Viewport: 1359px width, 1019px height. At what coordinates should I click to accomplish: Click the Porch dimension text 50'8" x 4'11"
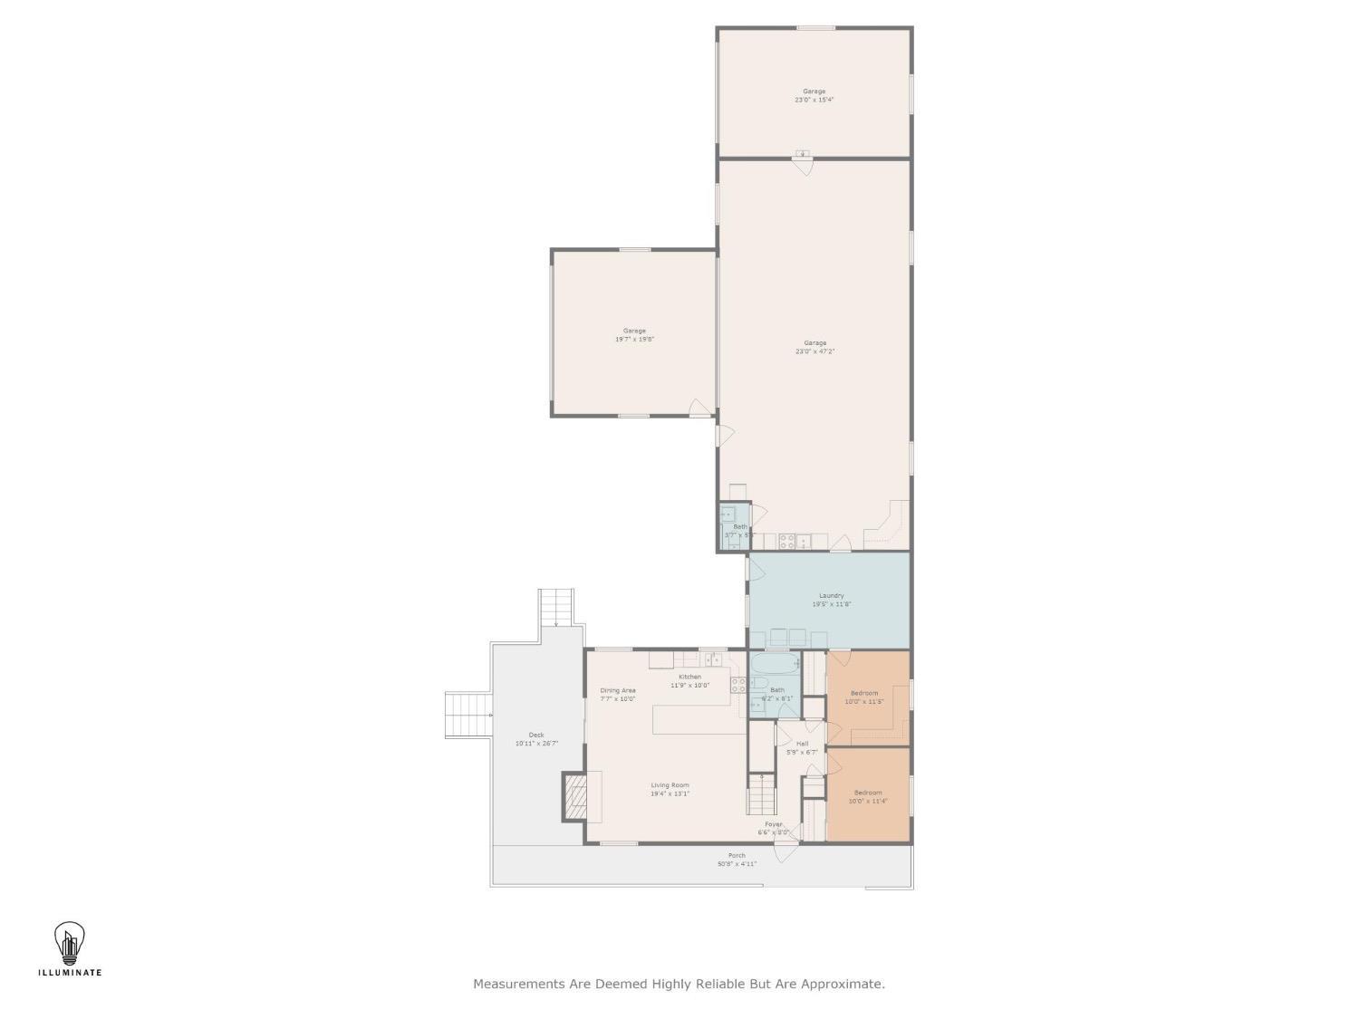pyautogui.click(x=737, y=864)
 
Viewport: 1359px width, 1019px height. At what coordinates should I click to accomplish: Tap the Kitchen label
pyautogui.click(x=689, y=677)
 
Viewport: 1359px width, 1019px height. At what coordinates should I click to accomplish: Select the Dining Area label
pyautogui.click(x=617, y=690)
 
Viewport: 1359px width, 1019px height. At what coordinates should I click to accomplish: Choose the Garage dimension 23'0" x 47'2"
pyautogui.click(x=814, y=351)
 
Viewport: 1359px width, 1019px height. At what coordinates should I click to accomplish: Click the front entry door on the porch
pyautogui.click(x=786, y=849)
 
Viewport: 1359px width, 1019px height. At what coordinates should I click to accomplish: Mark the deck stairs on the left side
pyautogui.click(x=467, y=715)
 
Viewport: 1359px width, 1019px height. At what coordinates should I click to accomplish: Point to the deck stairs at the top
pyautogui.click(x=556, y=607)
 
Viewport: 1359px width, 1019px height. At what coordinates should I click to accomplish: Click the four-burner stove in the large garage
pyautogui.click(x=788, y=542)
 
